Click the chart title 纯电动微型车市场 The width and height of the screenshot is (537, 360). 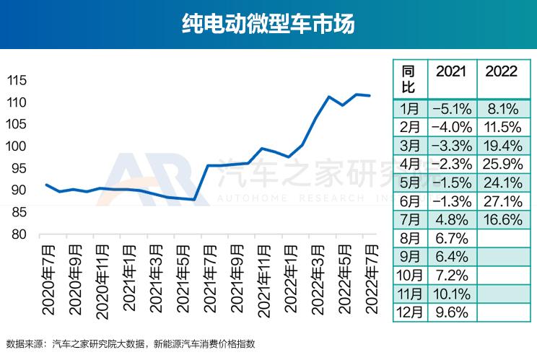(x=268, y=24)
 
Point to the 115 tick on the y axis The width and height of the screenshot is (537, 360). (x=17, y=80)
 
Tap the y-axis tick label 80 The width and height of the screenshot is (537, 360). (x=20, y=234)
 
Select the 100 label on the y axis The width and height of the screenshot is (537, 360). (x=17, y=146)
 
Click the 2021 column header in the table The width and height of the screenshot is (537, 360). (x=451, y=71)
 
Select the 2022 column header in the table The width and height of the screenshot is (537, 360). (x=501, y=71)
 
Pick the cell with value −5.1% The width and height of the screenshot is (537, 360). (x=451, y=109)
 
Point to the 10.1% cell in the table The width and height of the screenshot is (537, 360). (x=451, y=294)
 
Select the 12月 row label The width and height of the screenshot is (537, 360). (x=410, y=312)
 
